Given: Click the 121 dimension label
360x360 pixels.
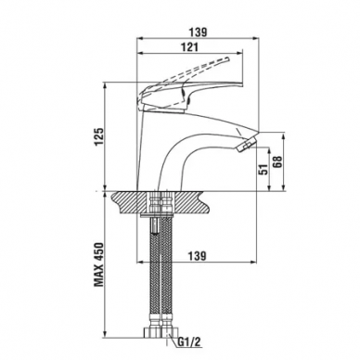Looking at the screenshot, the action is pos(189,47).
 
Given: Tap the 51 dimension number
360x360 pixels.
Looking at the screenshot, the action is pos(264,169).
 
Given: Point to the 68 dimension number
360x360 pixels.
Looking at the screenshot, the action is pos(278,161).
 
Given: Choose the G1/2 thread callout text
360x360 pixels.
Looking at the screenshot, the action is pos(189,341).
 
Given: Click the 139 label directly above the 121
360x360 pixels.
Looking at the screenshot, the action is pos(198,32).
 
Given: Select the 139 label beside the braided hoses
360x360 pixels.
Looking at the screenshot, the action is pos(197,256).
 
